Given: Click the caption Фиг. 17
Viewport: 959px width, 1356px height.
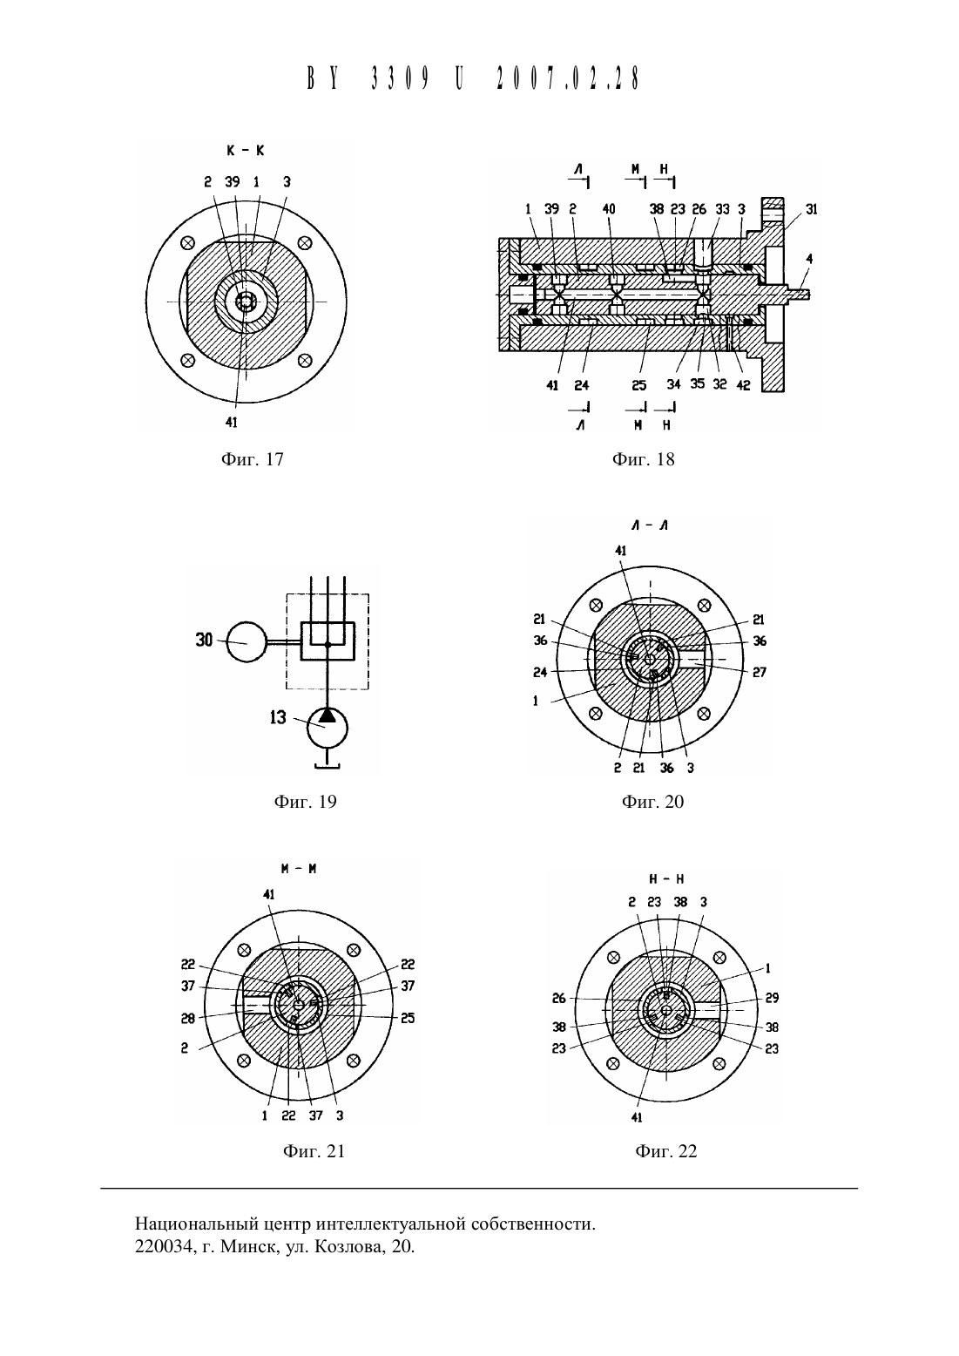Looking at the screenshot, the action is [x=253, y=459].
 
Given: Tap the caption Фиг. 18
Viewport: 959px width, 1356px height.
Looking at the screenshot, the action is [x=643, y=459].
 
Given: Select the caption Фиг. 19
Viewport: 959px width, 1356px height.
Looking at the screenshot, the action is [x=305, y=802].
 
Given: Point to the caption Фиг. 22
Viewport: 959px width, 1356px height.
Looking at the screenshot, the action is [x=665, y=1151].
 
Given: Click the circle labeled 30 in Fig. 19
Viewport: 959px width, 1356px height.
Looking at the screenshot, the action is [x=247, y=642].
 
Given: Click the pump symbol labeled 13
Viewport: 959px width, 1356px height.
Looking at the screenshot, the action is [x=328, y=728].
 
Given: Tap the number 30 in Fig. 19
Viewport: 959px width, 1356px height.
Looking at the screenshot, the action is [x=205, y=640].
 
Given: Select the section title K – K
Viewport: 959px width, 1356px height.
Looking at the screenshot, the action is [x=246, y=151].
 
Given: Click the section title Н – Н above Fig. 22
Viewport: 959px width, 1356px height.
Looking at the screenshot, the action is [x=665, y=879].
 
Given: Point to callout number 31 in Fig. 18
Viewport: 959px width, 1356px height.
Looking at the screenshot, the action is [x=812, y=209].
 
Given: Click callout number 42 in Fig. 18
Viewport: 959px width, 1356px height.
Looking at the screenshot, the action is [x=744, y=385].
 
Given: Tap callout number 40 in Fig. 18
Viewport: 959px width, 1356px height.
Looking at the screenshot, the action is [x=609, y=209].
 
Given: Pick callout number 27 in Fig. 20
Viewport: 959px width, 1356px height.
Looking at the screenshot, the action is [x=760, y=672].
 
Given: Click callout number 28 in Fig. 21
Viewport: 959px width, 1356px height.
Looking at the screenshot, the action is [x=187, y=1018].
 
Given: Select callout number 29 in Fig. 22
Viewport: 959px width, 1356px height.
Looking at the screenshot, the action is [x=772, y=998].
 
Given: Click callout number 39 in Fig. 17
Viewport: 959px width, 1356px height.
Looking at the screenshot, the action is [x=233, y=181].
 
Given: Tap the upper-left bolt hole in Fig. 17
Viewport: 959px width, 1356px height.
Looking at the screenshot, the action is [x=187, y=243].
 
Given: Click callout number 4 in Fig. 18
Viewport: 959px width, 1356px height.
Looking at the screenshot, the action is [x=809, y=259].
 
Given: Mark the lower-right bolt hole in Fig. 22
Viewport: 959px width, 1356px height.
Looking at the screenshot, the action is [x=719, y=1063].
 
